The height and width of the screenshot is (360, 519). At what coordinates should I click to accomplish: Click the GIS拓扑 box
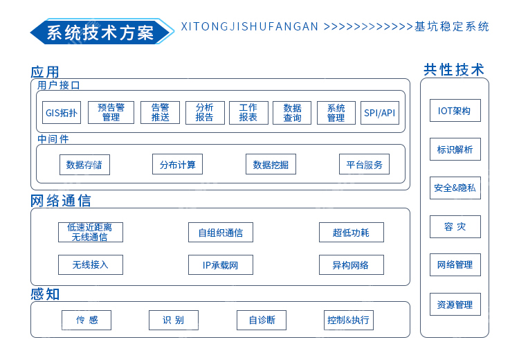(62, 113)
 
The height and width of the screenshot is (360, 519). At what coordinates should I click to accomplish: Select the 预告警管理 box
(111, 113)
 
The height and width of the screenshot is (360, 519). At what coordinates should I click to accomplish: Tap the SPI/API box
(380, 113)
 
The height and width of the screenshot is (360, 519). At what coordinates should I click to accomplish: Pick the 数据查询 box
(292, 113)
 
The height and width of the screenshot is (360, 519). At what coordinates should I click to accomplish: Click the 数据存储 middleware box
(84, 165)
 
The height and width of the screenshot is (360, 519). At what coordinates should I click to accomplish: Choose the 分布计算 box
(177, 164)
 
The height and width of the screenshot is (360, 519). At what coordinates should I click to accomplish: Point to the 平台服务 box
(364, 164)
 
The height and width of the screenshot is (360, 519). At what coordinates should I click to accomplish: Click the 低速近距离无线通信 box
(91, 232)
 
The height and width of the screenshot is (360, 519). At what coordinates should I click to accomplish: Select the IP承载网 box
(221, 265)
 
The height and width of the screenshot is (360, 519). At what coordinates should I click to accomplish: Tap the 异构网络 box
(351, 265)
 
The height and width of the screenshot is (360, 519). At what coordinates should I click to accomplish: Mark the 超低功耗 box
(351, 232)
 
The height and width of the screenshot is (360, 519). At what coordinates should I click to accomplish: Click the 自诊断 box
(262, 321)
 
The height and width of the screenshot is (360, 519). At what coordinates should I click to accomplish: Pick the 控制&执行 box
(349, 321)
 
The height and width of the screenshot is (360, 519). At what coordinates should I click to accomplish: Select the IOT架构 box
(455, 110)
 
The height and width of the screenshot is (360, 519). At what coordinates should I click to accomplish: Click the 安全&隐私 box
(455, 188)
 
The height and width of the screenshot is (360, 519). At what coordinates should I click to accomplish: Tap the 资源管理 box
(455, 304)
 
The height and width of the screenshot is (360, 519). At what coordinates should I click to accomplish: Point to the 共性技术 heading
(454, 70)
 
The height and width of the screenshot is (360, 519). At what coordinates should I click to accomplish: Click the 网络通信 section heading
(61, 201)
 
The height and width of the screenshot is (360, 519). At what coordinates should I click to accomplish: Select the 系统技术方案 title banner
(102, 32)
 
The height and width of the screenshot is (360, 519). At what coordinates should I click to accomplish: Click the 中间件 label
(53, 139)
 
